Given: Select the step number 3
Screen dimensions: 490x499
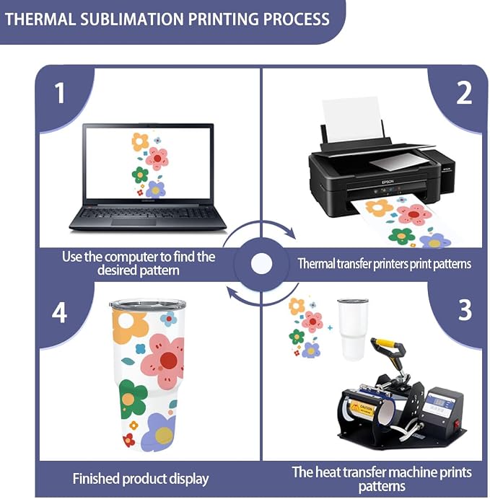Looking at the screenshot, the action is click(465, 309).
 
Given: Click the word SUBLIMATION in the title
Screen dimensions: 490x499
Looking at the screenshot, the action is click(131, 19).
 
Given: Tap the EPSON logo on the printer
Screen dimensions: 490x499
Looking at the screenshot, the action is click(388, 182).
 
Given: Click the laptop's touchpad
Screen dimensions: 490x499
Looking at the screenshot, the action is click(134, 222).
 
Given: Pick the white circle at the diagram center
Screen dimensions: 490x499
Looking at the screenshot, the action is click(261, 264).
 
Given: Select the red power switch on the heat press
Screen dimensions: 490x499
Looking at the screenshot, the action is click(457, 424).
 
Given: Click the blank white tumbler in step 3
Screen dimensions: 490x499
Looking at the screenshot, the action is click(353, 329).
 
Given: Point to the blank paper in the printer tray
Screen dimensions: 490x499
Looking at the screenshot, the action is click(352, 120).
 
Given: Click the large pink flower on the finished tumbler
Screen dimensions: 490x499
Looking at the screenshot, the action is click(163, 359).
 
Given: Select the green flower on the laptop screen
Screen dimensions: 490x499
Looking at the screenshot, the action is click(140, 175).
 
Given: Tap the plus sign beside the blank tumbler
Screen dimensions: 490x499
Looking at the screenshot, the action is click(330, 327).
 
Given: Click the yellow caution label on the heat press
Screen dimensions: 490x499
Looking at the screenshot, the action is click(362, 409).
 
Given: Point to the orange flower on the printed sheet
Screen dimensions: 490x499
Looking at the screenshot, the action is click(379, 208).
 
